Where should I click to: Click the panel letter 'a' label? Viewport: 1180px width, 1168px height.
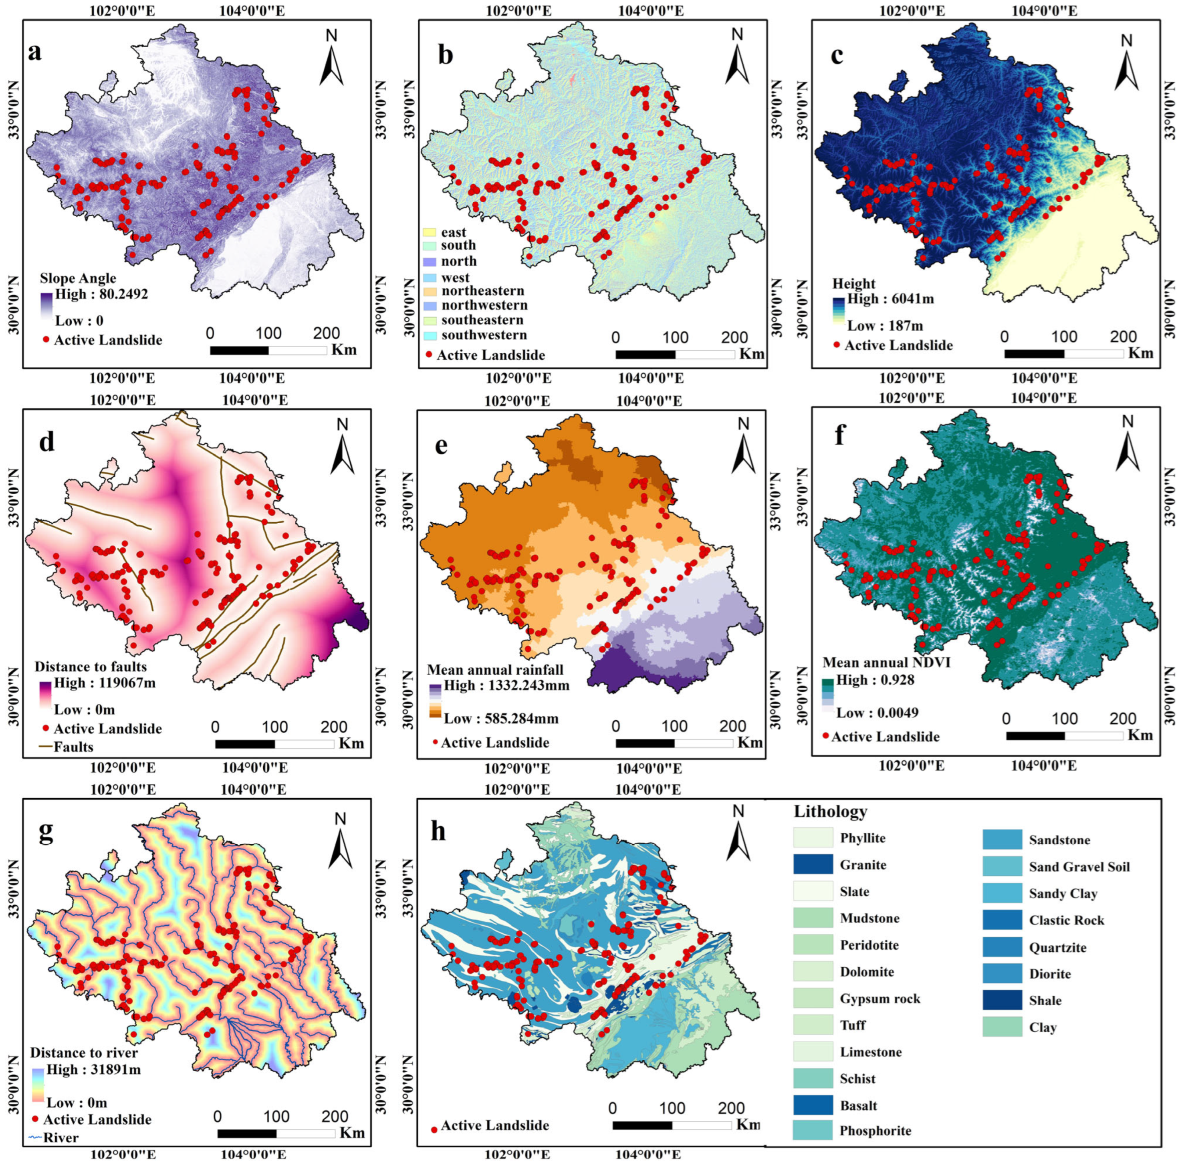(35, 52)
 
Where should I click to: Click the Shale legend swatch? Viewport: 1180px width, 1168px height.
(1002, 1000)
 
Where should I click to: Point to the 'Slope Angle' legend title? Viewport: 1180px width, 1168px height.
(78, 278)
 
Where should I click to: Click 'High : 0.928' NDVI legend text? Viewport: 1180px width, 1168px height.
(875, 680)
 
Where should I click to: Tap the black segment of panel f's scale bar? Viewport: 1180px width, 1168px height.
(1035, 736)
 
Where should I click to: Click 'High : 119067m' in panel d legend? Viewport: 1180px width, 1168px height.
(105, 683)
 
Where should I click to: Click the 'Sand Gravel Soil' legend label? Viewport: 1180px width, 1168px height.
(1079, 867)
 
